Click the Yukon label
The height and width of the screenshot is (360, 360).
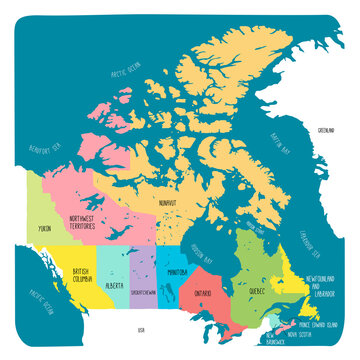(x=44, y=229)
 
